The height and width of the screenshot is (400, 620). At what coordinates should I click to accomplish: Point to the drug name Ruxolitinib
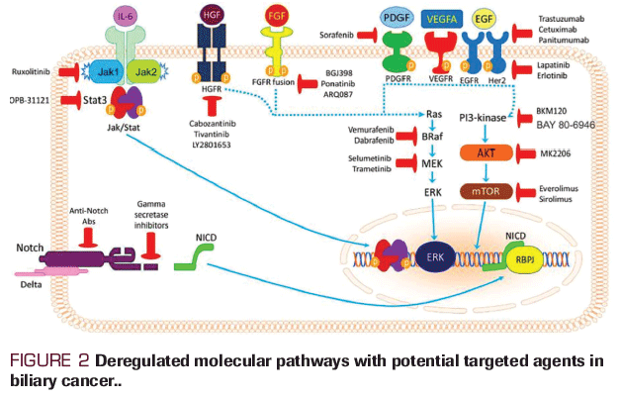click(x=27, y=72)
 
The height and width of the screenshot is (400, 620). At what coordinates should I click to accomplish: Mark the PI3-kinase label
click(x=483, y=118)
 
